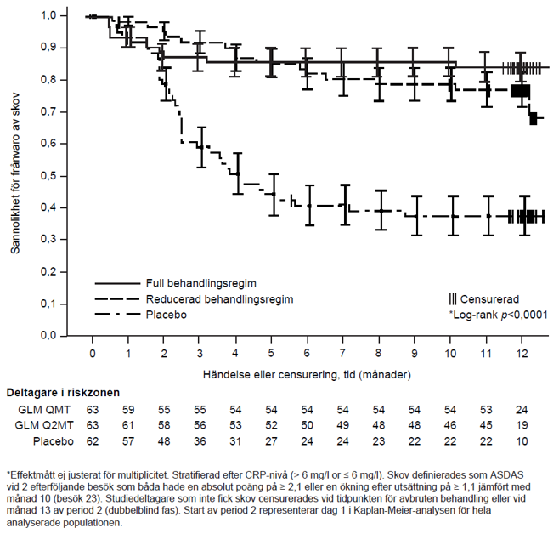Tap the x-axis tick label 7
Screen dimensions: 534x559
click(x=343, y=352)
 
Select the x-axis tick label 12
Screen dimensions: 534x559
click(x=522, y=352)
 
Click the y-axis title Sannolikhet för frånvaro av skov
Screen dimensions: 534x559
click(x=15, y=175)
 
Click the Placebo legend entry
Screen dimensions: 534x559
click(x=168, y=315)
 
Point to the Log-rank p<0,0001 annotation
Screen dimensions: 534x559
click(x=498, y=315)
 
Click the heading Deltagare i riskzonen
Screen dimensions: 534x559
click(x=63, y=393)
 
